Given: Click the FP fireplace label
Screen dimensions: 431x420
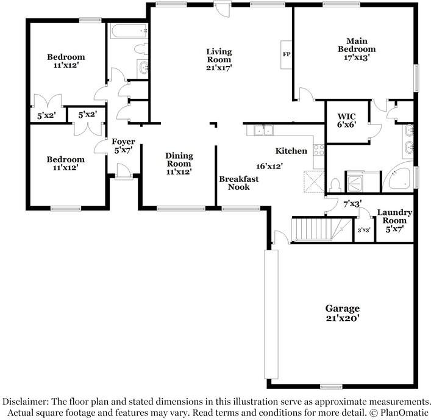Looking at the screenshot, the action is (287, 54).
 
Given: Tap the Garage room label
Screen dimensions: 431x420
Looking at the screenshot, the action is (342, 308).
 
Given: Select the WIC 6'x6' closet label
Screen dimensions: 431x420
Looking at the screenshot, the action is (347, 120).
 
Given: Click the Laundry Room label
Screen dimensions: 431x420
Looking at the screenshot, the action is (394, 216).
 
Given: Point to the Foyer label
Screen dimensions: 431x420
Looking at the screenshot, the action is (123, 142).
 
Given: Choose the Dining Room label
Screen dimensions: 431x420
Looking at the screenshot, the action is (179, 159).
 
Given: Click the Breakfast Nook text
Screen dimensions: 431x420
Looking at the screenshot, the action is (238, 183).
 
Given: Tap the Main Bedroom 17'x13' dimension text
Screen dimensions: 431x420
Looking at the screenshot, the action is (357, 57).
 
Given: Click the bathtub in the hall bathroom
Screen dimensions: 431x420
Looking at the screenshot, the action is (129, 31).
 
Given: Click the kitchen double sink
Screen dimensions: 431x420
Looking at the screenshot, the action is (263, 130).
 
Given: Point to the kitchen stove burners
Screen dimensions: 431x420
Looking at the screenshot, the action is (319, 150).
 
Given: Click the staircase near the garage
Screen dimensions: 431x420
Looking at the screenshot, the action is (321, 229).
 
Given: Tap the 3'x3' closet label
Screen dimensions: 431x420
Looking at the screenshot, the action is (364, 230).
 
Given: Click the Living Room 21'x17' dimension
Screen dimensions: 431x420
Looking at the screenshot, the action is (219, 67).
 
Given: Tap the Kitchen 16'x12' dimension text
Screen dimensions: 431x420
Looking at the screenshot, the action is (269, 166).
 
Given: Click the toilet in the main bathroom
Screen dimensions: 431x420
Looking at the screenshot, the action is (335, 186).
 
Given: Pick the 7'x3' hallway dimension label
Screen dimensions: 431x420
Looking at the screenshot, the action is (352, 204).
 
